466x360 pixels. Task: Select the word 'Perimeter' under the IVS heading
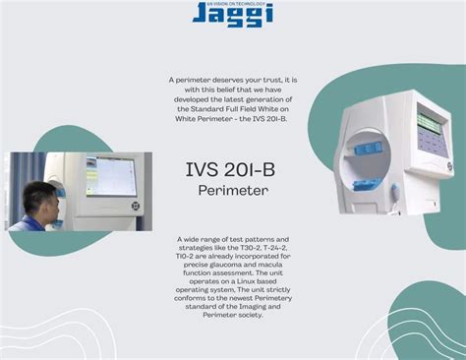tap(232, 189)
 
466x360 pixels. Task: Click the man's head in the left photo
tap(39, 201)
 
